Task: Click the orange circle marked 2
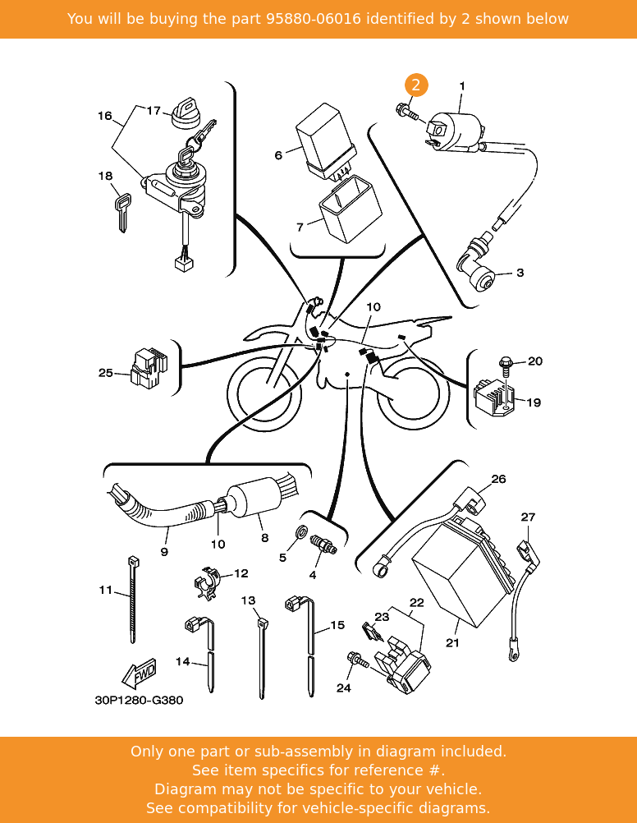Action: (x=416, y=85)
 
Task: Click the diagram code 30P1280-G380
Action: (x=139, y=701)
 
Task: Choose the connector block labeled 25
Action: (x=148, y=369)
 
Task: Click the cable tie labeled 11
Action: (x=132, y=600)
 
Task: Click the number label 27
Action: (x=528, y=517)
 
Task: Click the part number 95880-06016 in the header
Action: (x=313, y=19)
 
